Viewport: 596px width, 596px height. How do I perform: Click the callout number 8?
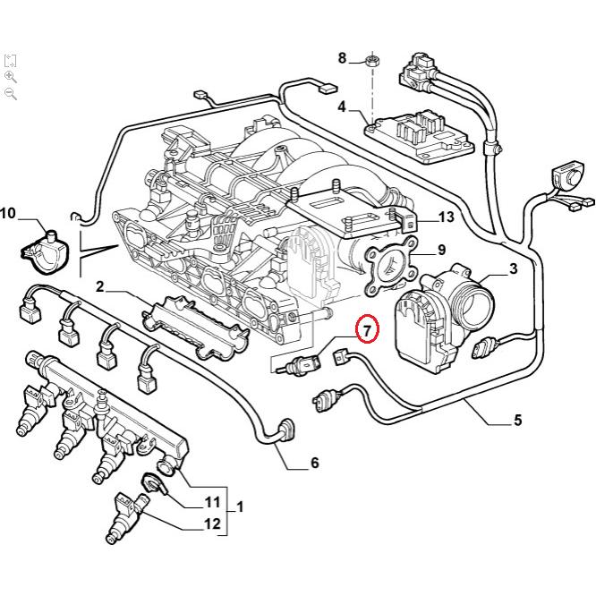342,58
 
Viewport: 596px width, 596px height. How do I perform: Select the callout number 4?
342,107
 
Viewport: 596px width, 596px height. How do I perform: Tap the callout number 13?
446,217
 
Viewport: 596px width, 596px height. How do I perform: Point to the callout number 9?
440,250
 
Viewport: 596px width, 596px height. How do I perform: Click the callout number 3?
513,268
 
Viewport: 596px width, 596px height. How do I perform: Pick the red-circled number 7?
368,330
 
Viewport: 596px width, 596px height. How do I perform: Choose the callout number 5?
517,420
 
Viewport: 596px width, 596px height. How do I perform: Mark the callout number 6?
314,463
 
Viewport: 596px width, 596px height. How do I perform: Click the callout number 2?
101,286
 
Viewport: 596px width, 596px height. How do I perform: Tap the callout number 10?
8,213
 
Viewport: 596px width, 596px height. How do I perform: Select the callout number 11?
212,502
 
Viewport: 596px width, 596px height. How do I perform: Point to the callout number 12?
212,524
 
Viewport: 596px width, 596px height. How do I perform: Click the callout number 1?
240,507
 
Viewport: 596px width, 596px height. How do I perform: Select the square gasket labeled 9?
390,265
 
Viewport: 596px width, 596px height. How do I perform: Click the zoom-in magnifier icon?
11,77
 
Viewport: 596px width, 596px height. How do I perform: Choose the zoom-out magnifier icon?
11,93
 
